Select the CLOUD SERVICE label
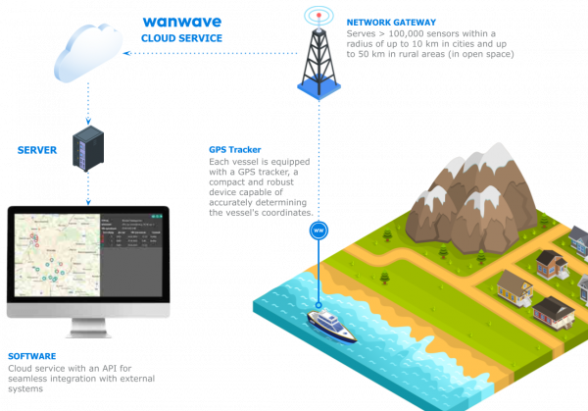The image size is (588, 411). pyautogui.click(x=182, y=37)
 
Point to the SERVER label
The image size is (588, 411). pyautogui.click(x=37, y=150)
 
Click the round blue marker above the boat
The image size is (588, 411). pyautogui.click(x=317, y=231)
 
